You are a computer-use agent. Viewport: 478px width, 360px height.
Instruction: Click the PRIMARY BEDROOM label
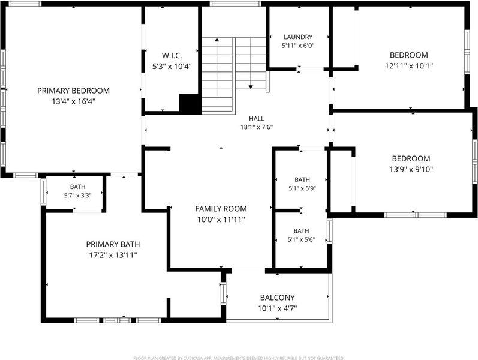tap(73, 91)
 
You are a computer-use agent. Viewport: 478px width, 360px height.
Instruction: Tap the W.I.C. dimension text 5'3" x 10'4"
tap(172, 66)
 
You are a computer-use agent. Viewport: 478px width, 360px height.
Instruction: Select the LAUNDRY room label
tap(298, 37)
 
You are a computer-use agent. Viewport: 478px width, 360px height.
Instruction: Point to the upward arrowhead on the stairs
tap(217, 40)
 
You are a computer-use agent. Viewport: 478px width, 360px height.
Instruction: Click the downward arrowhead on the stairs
tap(251, 87)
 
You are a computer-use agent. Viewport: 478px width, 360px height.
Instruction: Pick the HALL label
tap(257, 118)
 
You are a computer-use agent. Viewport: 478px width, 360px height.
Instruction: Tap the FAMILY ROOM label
tap(221, 209)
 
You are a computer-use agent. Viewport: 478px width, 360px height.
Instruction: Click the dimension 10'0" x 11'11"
tap(221, 220)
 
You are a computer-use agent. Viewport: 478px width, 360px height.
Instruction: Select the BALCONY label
tap(278, 298)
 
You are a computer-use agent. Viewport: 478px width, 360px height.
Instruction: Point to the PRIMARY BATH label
tap(113, 244)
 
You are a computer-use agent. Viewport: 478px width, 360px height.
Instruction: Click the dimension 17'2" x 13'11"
tap(113, 255)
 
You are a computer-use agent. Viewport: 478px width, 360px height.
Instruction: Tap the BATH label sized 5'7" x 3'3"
tap(78, 187)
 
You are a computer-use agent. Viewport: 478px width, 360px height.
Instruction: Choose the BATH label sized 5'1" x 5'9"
tap(302, 179)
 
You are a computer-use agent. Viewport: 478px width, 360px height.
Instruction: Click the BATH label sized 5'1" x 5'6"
tap(301, 231)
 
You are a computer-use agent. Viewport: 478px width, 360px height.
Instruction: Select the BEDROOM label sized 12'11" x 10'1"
tap(409, 55)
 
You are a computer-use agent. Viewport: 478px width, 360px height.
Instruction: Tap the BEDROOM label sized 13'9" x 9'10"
tap(411, 158)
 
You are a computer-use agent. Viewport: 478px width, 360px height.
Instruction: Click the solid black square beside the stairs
tap(190, 104)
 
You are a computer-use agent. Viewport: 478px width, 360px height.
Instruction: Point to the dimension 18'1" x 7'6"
tap(257, 127)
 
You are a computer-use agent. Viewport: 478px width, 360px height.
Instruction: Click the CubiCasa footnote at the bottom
tap(239, 358)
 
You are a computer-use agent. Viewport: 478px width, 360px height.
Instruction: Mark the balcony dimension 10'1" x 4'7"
tap(278, 308)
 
